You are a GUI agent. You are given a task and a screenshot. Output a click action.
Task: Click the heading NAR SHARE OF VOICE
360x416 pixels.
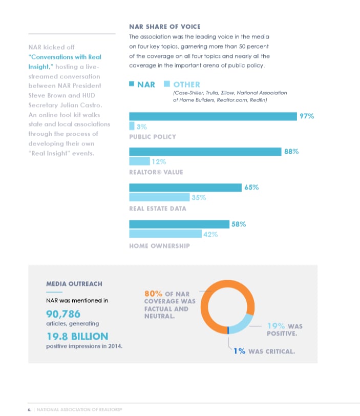click(x=164, y=27)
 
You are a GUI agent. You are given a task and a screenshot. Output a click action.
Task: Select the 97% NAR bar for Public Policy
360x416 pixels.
click(x=213, y=116)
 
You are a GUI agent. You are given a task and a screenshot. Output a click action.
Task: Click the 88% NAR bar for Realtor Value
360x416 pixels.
click(x=205, y=152)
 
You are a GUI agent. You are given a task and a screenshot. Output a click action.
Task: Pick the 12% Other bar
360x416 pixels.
click(x=139, y=162)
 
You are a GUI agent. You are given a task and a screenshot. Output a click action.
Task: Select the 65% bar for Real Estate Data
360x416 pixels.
click(x=185, y=188)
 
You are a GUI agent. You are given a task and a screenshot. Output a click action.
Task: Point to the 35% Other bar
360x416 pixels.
click(x=159, y=197)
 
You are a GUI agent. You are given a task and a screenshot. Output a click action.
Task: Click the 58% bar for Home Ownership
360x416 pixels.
click(x=179, y=224)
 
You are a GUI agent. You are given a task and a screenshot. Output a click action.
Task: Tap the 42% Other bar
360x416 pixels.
click(x=165, y=234)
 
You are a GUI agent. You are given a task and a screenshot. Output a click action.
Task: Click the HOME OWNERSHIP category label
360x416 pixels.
click(x=159, y=246)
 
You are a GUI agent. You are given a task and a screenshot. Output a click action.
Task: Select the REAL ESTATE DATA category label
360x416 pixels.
click(x=158, y=209)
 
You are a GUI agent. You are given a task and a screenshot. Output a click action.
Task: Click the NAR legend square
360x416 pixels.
click(x=132, y=84)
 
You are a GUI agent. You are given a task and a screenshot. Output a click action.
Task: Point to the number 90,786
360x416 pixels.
click(x=63, y=314)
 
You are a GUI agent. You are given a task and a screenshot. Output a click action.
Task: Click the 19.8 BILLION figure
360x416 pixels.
click(x=77, y=336)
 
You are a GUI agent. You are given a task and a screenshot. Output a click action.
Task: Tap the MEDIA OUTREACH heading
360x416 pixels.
click(x=74, y=283)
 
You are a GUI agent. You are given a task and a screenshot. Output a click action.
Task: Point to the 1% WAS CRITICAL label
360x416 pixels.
click(x=264, y=351)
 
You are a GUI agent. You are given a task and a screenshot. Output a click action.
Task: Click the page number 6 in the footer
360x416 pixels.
click(x=29, y=409)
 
